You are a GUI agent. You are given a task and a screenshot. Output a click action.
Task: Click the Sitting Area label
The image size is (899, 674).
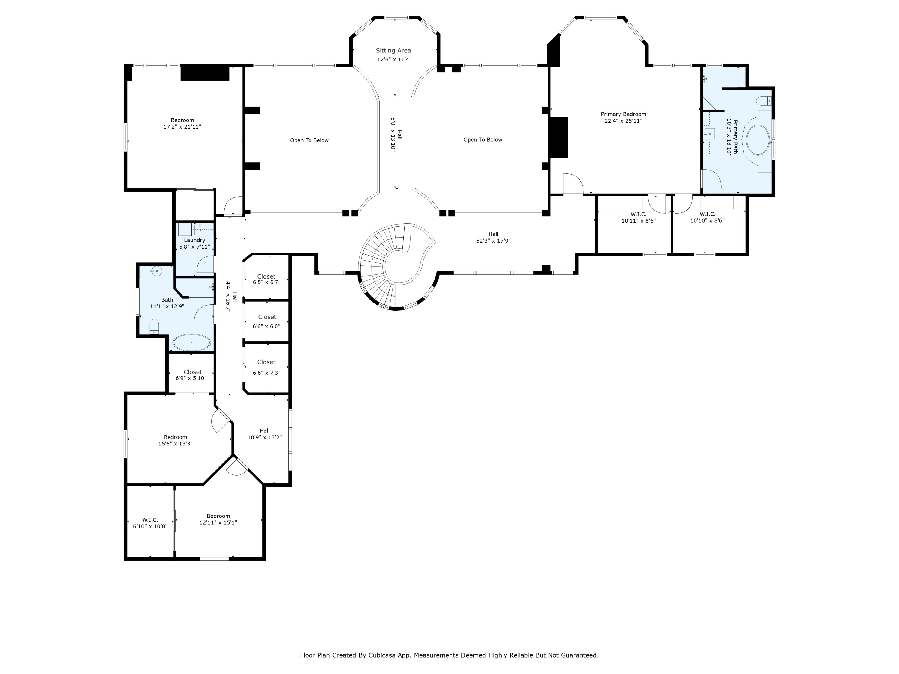click(393, 50)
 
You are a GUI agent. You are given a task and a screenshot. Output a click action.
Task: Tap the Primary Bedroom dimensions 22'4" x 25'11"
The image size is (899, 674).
click(623, 121)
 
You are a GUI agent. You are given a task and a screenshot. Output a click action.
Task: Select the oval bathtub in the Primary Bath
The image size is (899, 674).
click(758, 140)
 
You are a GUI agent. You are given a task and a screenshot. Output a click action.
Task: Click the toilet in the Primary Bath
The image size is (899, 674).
click(764, 101)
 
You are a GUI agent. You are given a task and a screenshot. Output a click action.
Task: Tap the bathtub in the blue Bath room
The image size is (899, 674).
click(191, 342)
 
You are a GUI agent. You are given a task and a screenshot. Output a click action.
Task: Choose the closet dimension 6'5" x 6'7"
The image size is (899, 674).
click(267, 282)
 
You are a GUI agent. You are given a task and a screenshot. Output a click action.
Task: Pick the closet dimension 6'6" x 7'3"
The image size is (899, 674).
click(267, 373)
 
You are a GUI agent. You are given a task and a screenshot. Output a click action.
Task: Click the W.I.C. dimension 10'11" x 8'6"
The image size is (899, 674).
click(639, 220)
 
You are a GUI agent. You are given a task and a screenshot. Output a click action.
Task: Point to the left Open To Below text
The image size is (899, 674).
click(309, 140)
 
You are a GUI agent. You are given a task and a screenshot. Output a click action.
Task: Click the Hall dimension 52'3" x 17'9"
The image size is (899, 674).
click(493, 241)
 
